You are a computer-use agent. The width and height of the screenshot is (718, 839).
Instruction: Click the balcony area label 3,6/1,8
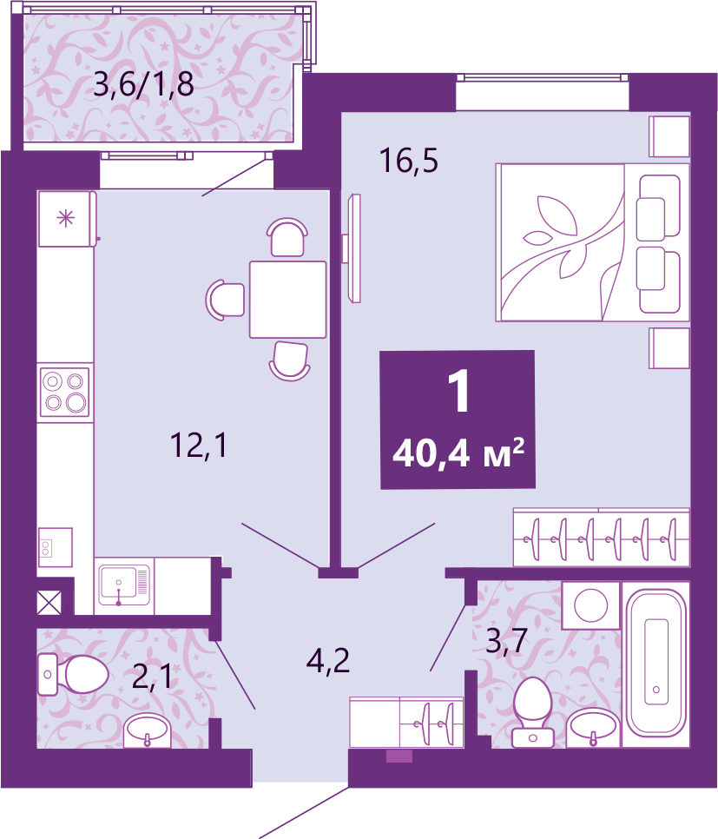[x=143, y=84]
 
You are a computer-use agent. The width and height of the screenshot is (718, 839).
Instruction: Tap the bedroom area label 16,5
[x=409, y=161]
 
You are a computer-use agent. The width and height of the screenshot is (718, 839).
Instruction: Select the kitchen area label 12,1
[x=199, y=446]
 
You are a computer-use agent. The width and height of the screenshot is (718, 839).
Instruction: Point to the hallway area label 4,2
[x=328, y=660]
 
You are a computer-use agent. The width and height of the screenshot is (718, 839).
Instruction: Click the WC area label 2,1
[x=152, y=677]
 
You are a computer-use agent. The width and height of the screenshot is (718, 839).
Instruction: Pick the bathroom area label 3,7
[x=507, y=640]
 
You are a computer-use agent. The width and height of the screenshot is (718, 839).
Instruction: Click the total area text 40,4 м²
[x=458, y=453]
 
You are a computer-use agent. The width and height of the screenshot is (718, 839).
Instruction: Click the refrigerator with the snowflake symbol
[x=67, y=218]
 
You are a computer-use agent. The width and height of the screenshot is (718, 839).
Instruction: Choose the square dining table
[x=288, y=299]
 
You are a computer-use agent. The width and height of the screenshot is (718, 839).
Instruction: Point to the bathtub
[x=655, y=662]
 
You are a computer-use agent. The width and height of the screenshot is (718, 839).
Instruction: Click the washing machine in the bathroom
[x=590, y=605]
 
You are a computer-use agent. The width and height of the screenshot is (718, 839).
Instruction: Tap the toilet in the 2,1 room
[x=74, y=674]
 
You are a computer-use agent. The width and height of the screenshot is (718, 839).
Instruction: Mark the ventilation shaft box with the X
[x=49, y=602]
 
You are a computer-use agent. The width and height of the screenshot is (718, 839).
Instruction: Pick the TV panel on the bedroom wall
[x=352, y=248]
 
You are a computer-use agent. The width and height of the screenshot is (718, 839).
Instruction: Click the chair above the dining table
[x=287, y=237]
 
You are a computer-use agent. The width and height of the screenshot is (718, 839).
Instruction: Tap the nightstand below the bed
[x=669, y=347]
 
